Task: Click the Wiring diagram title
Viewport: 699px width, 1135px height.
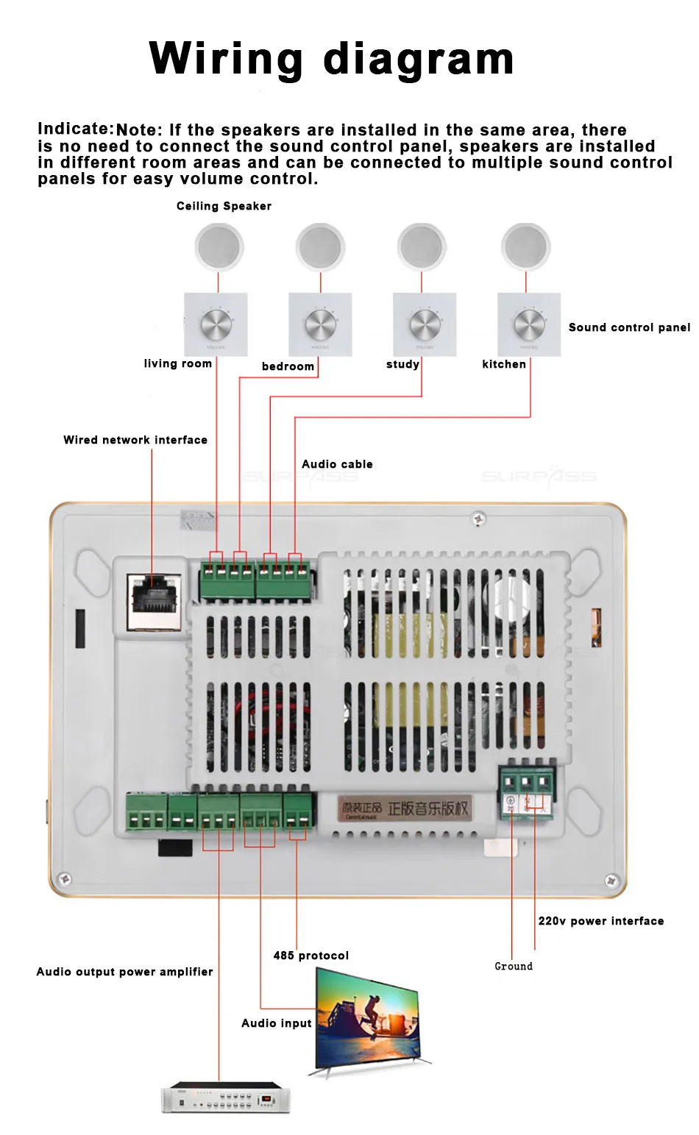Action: [x=331, y=59]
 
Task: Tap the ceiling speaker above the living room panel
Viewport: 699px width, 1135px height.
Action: [x=219, y=247]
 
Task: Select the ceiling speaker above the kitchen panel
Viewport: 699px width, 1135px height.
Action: [x=525, y=247]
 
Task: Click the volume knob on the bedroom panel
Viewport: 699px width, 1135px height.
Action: [x=320, y=324]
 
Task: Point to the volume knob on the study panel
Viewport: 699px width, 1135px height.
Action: [x=425, y=324]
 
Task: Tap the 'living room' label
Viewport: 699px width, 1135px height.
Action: [x=177, y=363]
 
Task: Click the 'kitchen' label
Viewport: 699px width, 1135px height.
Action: [x=504, y=364]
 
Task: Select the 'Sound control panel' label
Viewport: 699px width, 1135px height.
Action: [x=629, y=327]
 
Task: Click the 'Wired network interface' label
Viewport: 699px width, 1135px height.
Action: [x=135, y=440]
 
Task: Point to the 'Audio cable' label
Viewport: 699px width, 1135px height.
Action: [x=337, y=464]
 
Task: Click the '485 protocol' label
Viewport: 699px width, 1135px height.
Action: [x=311, y=956]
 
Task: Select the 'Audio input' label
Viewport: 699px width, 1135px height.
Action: [x=277, y=1023]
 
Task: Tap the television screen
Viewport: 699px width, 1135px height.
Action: [x=368, y=1019]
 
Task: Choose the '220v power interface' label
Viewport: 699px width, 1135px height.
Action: [x=600, y=921]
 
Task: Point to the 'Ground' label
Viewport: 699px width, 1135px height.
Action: [x=514, y=967]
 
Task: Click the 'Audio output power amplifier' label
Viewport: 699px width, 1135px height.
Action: [x=125, y=972]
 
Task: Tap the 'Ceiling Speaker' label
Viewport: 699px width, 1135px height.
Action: [x=224, y=206]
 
